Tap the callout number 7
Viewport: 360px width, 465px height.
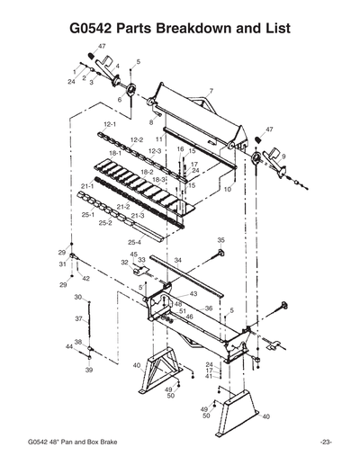[211, 92]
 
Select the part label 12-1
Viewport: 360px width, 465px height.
[111, 123]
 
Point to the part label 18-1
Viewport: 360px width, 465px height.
[115, 155]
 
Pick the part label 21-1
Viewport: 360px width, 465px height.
[87, 186]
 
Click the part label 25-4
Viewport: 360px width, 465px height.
[134, 243]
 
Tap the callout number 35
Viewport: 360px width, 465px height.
[221, 240]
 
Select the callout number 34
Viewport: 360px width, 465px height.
[178, 260]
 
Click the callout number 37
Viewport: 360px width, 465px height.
[78, 319]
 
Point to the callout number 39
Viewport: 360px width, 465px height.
[89, 370]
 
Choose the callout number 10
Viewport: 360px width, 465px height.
[229, 190]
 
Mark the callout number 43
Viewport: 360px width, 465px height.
[193, 294]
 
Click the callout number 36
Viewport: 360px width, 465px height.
[208, 309]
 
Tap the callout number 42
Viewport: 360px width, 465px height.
[86, 279]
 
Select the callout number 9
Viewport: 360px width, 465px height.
[283, 156]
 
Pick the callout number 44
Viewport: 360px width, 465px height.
[68, 346]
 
